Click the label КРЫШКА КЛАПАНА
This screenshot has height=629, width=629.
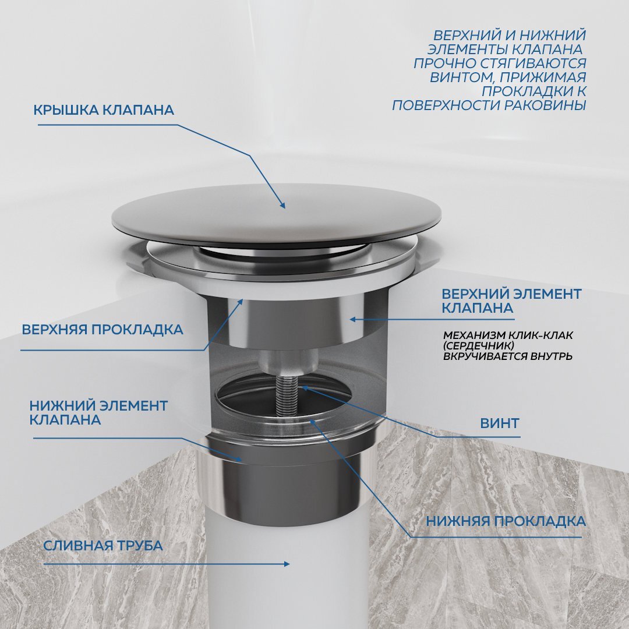coord(104,110)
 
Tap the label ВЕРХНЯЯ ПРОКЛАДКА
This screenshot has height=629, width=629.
coord(103,330)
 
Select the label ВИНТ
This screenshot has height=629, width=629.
coord(500,423)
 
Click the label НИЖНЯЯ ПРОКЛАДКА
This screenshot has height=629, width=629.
coord(506,521)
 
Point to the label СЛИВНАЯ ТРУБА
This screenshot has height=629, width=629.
coord(103,546)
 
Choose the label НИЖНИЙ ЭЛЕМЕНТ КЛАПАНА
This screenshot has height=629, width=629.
coord(98,413)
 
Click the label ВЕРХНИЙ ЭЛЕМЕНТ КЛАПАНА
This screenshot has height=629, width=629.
coord(511,301)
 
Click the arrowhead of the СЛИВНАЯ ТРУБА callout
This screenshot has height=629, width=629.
coord(287,564)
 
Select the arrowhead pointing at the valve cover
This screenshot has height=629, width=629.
coord(282,206)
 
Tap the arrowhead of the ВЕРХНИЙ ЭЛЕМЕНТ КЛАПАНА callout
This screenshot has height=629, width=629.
coord(352,319)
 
